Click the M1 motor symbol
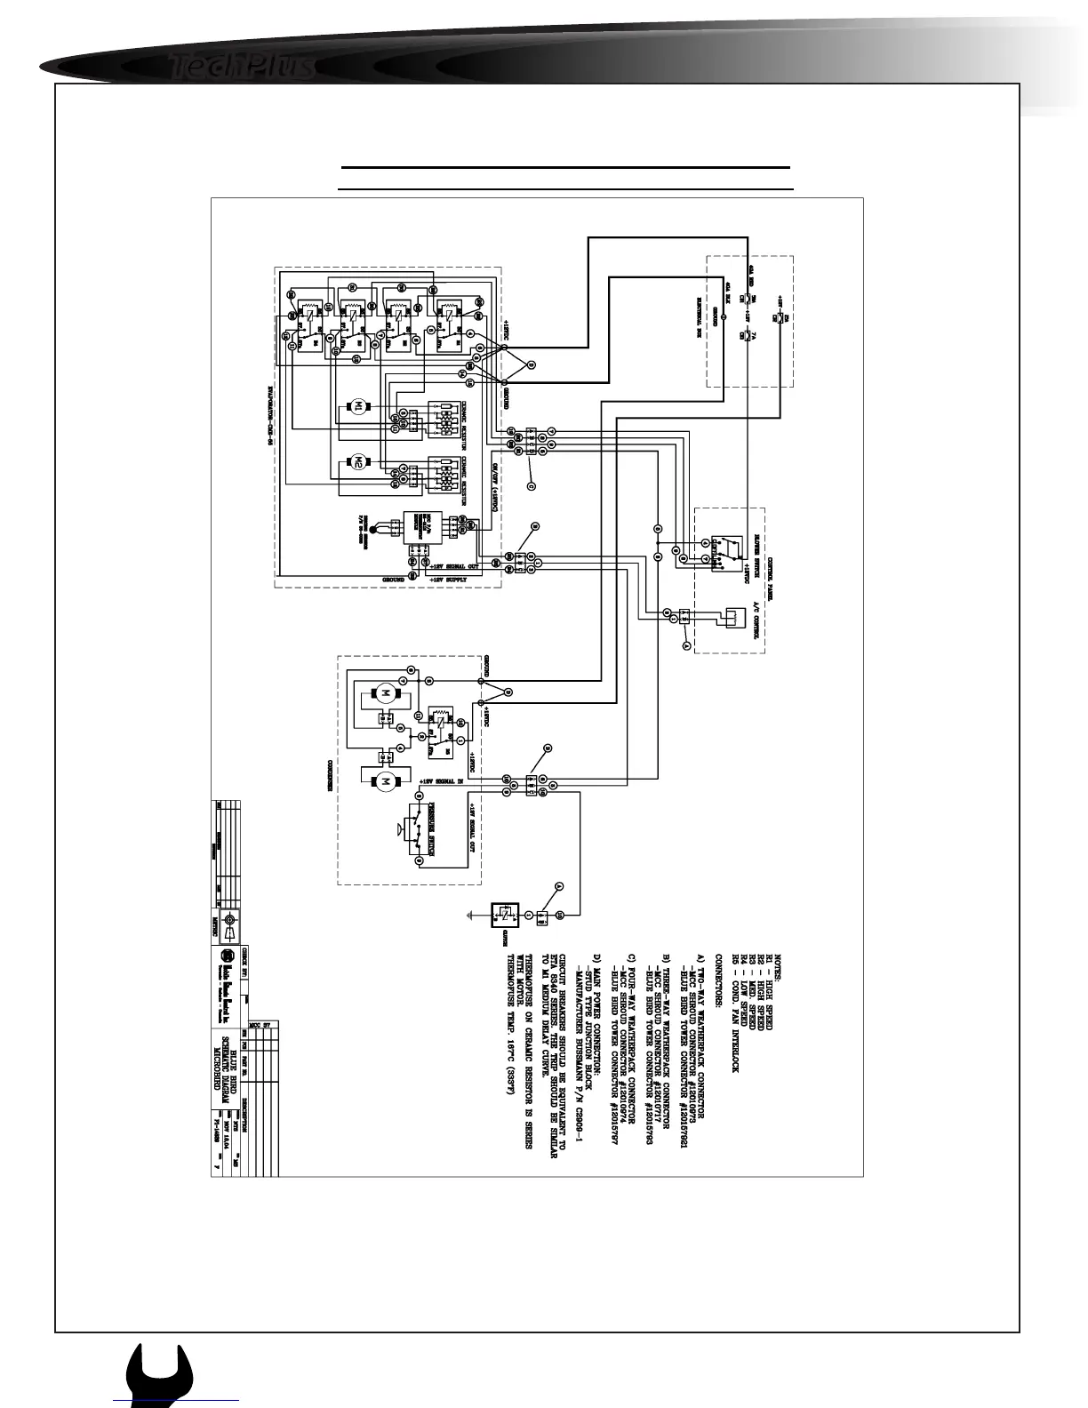[x=359, y=407]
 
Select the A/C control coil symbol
[x=734, y=617]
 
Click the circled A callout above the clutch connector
[x=558, y=885]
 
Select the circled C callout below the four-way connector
[x=531, y=485]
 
